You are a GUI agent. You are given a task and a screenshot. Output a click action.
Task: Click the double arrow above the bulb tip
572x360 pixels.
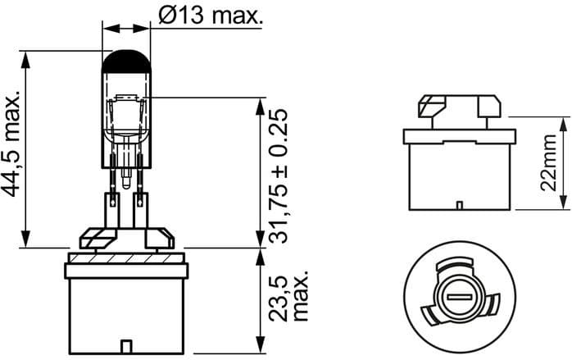[x=126, y=29]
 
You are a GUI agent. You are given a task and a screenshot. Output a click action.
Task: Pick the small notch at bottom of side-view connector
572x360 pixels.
[x=459, y=203]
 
